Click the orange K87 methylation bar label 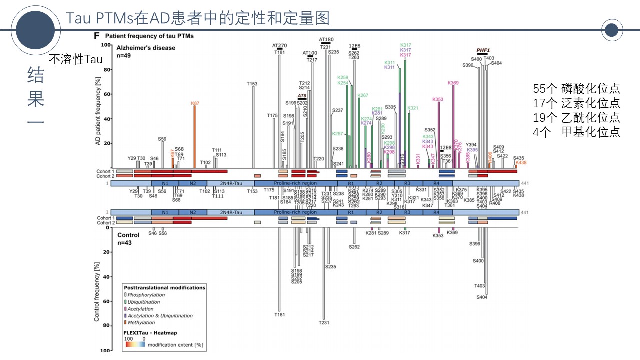tap(195, 103)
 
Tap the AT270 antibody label tap(280, 46)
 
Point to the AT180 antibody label tap(326, 39)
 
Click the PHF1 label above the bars tap(483, 51)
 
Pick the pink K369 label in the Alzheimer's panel tap(453, 83)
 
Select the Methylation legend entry tap(141, 323)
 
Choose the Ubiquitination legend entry tap(144, 302)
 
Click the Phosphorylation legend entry tap(146, 295)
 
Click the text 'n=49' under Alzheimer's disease tap(123, 56)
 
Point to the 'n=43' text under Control tap(124, 243)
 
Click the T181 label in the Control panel tap(280, 315)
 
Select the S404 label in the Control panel tap(482, 297)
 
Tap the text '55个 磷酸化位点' tap(576, 89)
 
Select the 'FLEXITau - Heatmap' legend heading tap(150, 333)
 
